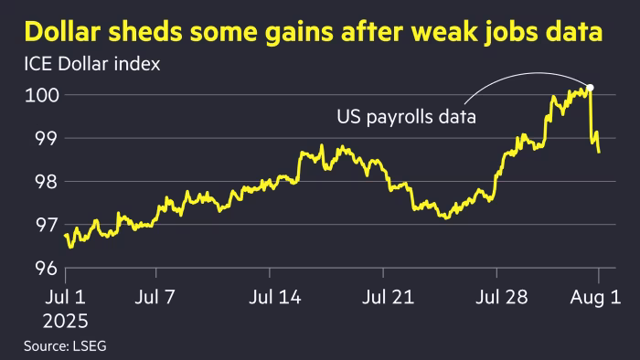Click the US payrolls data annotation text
pyautogui.click(x=409, y=118)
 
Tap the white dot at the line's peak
pyautogui.click(x=590, y=89)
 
